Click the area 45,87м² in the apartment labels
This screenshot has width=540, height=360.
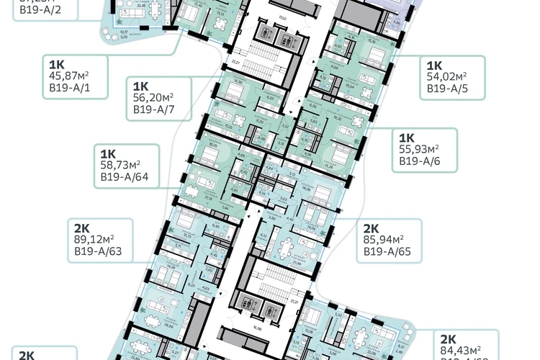tap(68, 76)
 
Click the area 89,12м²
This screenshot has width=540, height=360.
tap(94, 239)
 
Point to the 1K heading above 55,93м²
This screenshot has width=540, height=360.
tap(408, 136)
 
